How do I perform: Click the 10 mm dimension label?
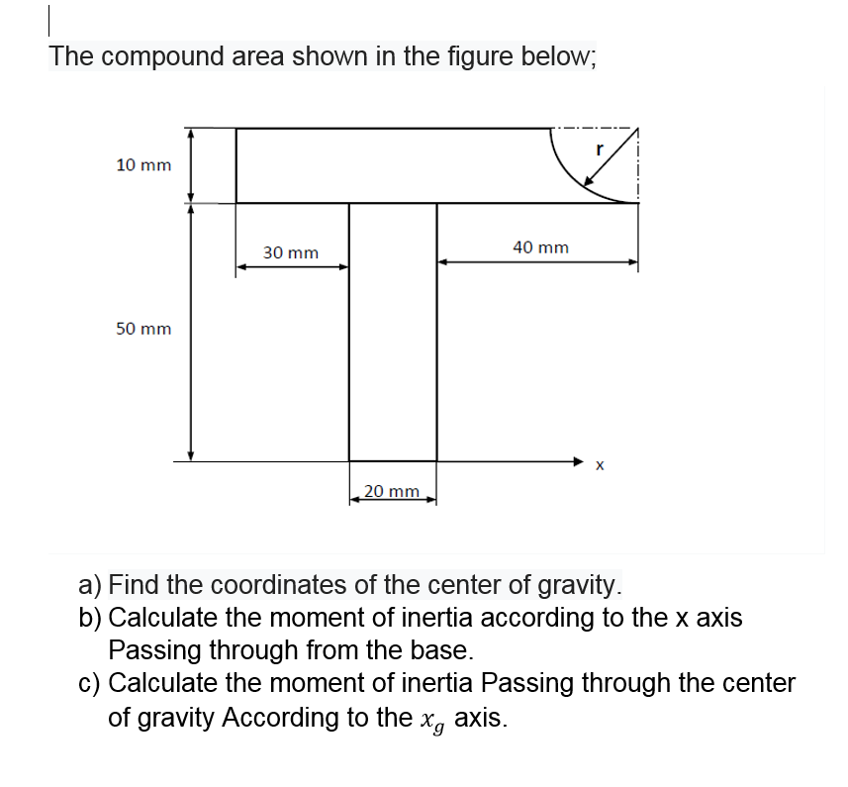coord(142,165)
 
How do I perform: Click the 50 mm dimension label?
coord(142,329)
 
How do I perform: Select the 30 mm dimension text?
coord(291,253)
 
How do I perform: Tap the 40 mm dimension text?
coord(541,247)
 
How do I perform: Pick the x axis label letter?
coord(600,464)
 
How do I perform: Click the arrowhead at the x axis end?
coord(581,460)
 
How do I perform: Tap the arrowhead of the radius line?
coord(588,181)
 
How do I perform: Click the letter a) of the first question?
coord(90,585)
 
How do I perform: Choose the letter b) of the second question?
coord(90,618)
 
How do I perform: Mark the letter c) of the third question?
coord(90,684)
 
